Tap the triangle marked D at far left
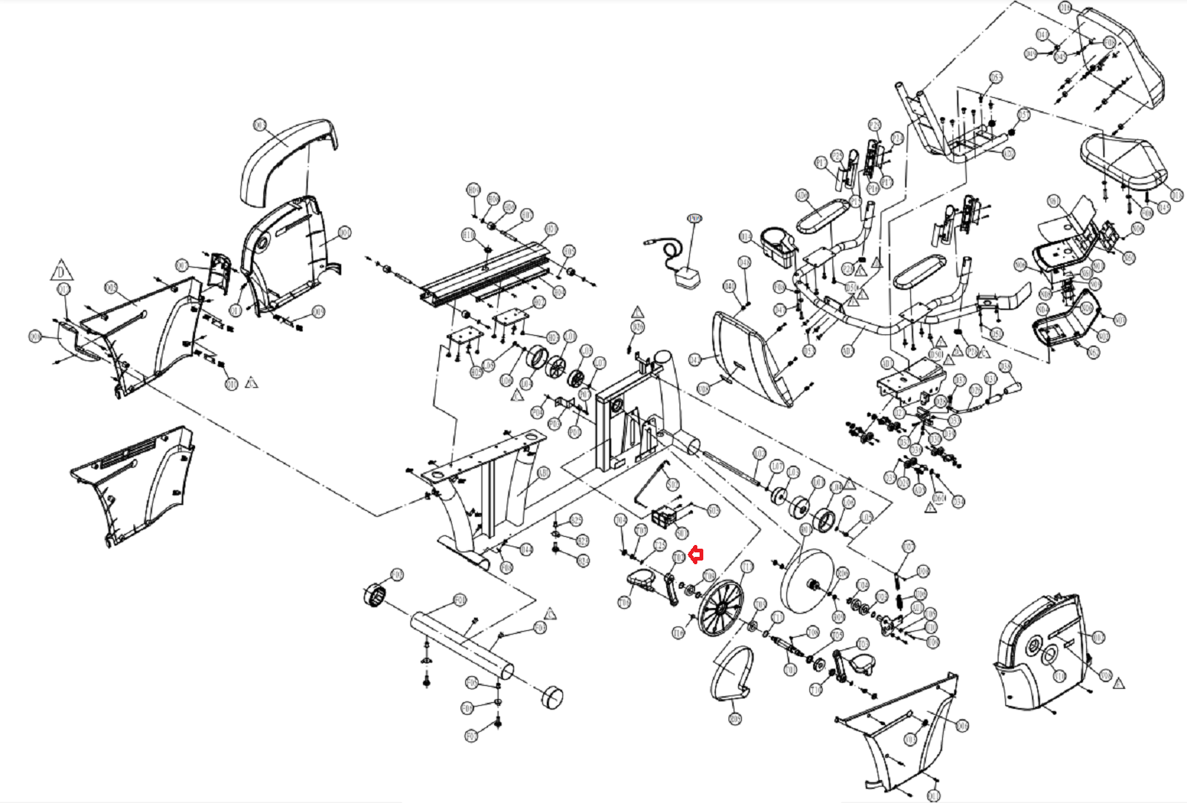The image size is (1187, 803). (62, 271)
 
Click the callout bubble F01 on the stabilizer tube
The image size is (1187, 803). (460, 599)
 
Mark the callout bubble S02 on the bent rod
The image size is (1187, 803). (673, 484)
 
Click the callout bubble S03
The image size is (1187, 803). (713, 510)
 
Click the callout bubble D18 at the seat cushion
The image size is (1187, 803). (1176, 195)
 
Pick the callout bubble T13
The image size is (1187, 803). (747, 567)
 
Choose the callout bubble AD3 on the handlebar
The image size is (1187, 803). (848, 351)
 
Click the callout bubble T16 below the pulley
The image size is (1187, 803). (677, 632)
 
